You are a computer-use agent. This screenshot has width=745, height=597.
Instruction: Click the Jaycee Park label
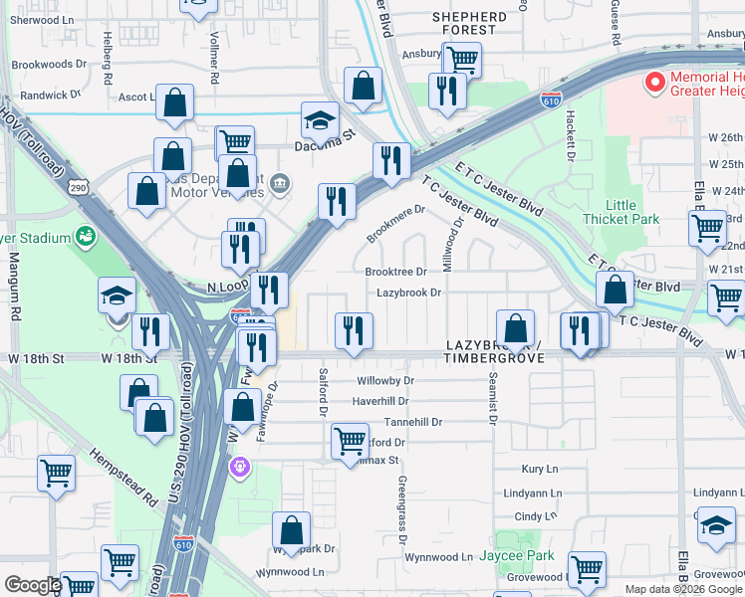[x=517, y=555]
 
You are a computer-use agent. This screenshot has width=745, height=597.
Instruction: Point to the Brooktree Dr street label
[x=395, y=271]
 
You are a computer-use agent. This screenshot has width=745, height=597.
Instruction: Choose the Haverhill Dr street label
[x=380, y=401]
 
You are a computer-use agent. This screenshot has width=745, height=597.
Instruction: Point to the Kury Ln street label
[x=541, y=469]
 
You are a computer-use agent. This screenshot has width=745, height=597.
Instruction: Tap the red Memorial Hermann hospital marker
[x=654, y=83]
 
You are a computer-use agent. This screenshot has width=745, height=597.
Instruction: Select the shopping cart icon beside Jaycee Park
[x=587, y=569]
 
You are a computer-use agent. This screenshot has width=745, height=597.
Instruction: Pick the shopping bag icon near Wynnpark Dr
[x=291, y=528]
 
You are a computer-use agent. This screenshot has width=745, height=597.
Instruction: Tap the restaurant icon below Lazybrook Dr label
[x=354, y=329]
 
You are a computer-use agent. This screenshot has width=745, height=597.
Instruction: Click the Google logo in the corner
[x=33, y=585]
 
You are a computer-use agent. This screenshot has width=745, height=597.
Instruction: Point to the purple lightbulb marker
[x=239, y=466]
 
